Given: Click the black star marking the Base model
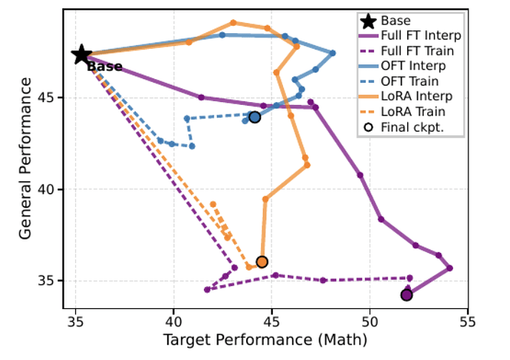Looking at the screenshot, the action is point(81,55).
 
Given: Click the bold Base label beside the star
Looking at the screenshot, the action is point(104,67).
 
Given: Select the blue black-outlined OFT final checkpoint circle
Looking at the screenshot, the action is point(255,117).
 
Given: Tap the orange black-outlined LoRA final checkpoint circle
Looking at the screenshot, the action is point(262,262).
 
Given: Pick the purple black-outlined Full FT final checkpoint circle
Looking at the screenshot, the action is point(407,295).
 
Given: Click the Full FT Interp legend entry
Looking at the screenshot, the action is point(410,35).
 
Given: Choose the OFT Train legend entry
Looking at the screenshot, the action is point(399,81).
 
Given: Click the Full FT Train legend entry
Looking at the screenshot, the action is point(407,51).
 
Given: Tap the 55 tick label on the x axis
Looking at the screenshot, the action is point(468,322).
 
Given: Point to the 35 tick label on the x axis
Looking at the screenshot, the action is point(76,322).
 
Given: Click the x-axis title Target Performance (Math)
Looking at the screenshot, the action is point(265,340).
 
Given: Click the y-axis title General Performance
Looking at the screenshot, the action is point(25,158).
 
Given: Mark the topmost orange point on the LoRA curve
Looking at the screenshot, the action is point(233,23).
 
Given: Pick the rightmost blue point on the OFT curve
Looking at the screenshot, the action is point(333,53).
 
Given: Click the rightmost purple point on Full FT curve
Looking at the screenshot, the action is point(449,268).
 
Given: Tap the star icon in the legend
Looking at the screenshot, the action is point(369,21).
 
